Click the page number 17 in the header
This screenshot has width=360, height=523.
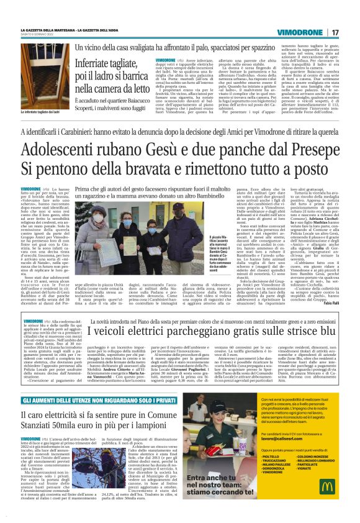click(335, 32)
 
